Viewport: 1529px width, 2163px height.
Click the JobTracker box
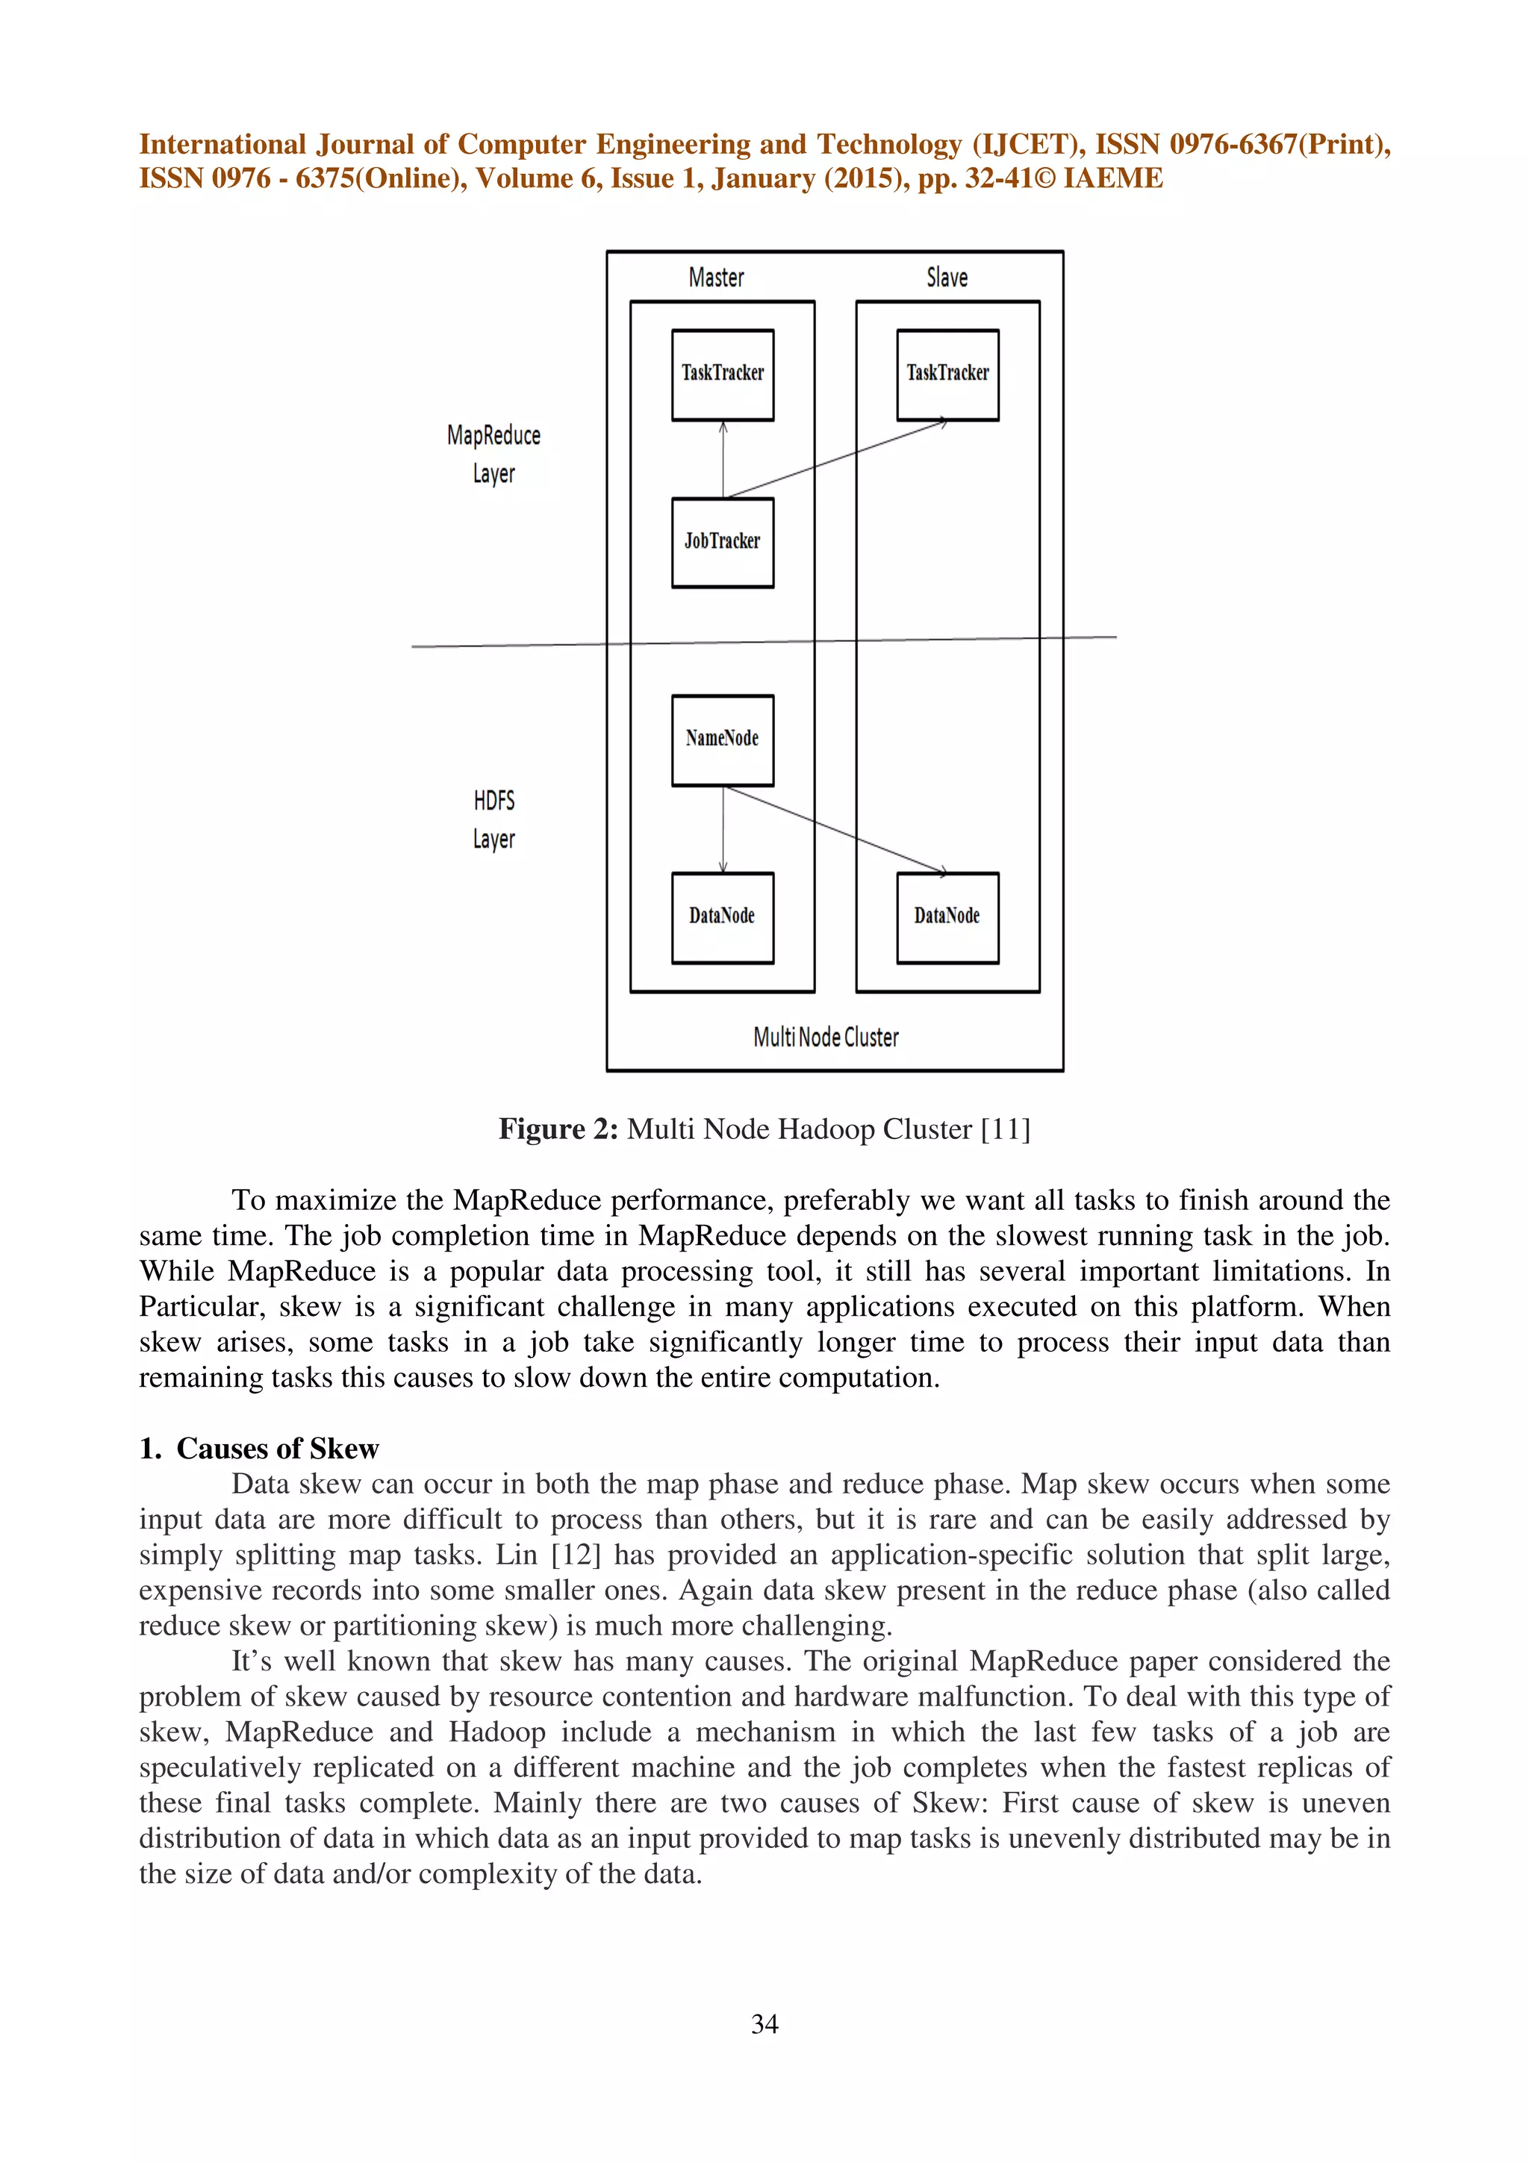pyautogui.click(x=723, y=543)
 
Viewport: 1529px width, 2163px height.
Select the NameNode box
pyautogui.click(x=723, y=740)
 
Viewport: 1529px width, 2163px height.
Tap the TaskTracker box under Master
pyautogui.click(x=723, y=374)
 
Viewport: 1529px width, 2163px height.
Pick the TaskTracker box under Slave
pyautogui.click(x=947, y=374)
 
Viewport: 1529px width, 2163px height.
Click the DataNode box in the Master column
pyautogui.click(x=723, y=917)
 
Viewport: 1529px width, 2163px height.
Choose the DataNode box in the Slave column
pyautogui.click(x=947, y=917)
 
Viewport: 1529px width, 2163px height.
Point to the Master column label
pyautogui.click(x=716, y=278)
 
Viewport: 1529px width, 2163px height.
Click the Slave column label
pyautogui.click(x=947, y=278)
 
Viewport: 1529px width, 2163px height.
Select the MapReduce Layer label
pyautogui.click(x=493, y=454)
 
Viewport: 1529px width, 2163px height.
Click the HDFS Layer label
pyautogui.click(x=493, y=820)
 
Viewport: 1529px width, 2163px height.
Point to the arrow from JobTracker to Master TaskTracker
pyautogui.click(x=723, y=460)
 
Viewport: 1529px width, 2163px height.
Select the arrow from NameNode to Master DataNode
pyautogui.click(x=723, y=829)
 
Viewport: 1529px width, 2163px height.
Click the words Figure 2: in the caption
pyautogui.click(x=558, y=1129)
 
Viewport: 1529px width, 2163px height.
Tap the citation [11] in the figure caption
pyautogui.click(x=1005, y=1129)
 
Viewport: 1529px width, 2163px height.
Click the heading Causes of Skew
pyautogui.click(x=277, y=1448)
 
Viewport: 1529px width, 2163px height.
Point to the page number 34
pyautogui.click(x=764, y=2023)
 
